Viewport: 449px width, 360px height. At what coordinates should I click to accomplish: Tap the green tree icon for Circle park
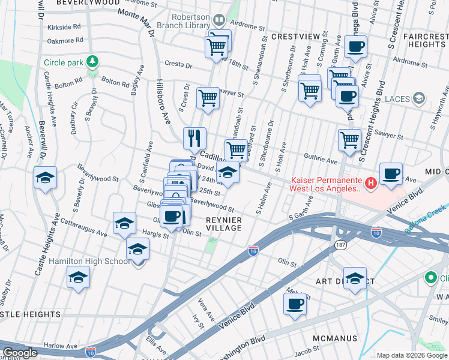(x=92, y=61)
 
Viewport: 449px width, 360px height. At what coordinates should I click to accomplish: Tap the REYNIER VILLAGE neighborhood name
(x=224, y=225)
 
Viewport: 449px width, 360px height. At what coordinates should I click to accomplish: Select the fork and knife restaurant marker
(x=194, y=139)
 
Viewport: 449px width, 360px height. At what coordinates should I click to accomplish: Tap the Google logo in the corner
(x=20, y=353)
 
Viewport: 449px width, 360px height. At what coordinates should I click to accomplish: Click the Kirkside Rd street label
(x=65, y=27)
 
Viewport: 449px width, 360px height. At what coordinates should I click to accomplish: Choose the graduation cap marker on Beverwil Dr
(x=45, y=178)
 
